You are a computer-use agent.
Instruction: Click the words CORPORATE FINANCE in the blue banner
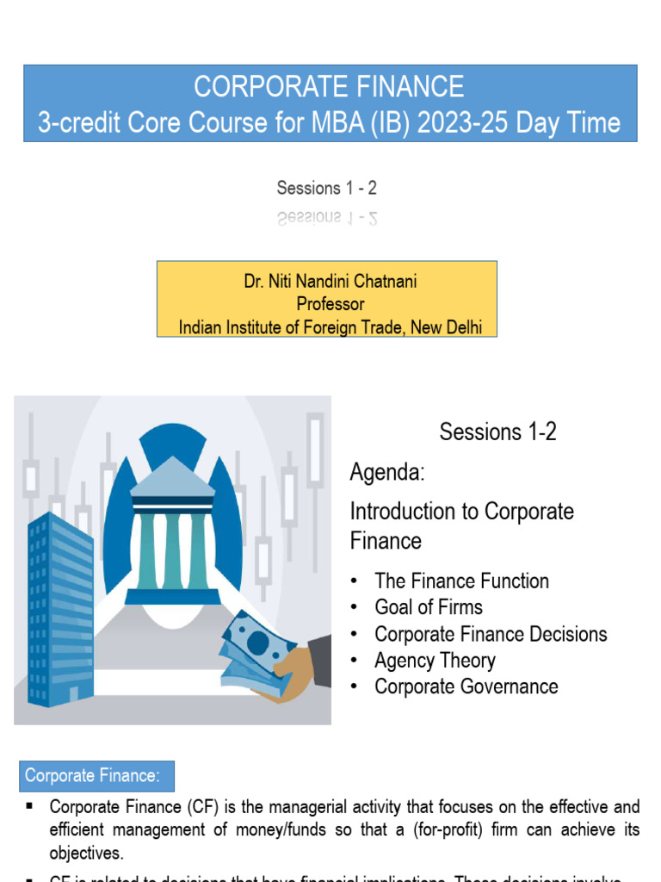click(329, 87)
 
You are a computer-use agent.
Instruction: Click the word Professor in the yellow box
click(330, 304)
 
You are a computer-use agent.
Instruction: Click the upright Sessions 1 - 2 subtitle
click(327, 187)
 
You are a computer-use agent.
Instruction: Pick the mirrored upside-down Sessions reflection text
click(327, 217)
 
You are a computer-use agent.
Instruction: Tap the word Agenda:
click(387, 472)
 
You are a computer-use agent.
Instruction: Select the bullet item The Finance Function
click(461, 581)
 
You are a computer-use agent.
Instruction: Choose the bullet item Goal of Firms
click(429, 607)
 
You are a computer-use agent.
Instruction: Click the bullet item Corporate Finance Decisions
click(491, 634)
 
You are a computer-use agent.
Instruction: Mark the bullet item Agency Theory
click(435, 661)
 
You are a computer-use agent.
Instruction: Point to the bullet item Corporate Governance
click(466, 686)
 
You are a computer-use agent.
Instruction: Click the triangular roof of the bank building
click(172, 474)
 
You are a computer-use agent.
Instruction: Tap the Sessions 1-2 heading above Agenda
click(497, 432)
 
